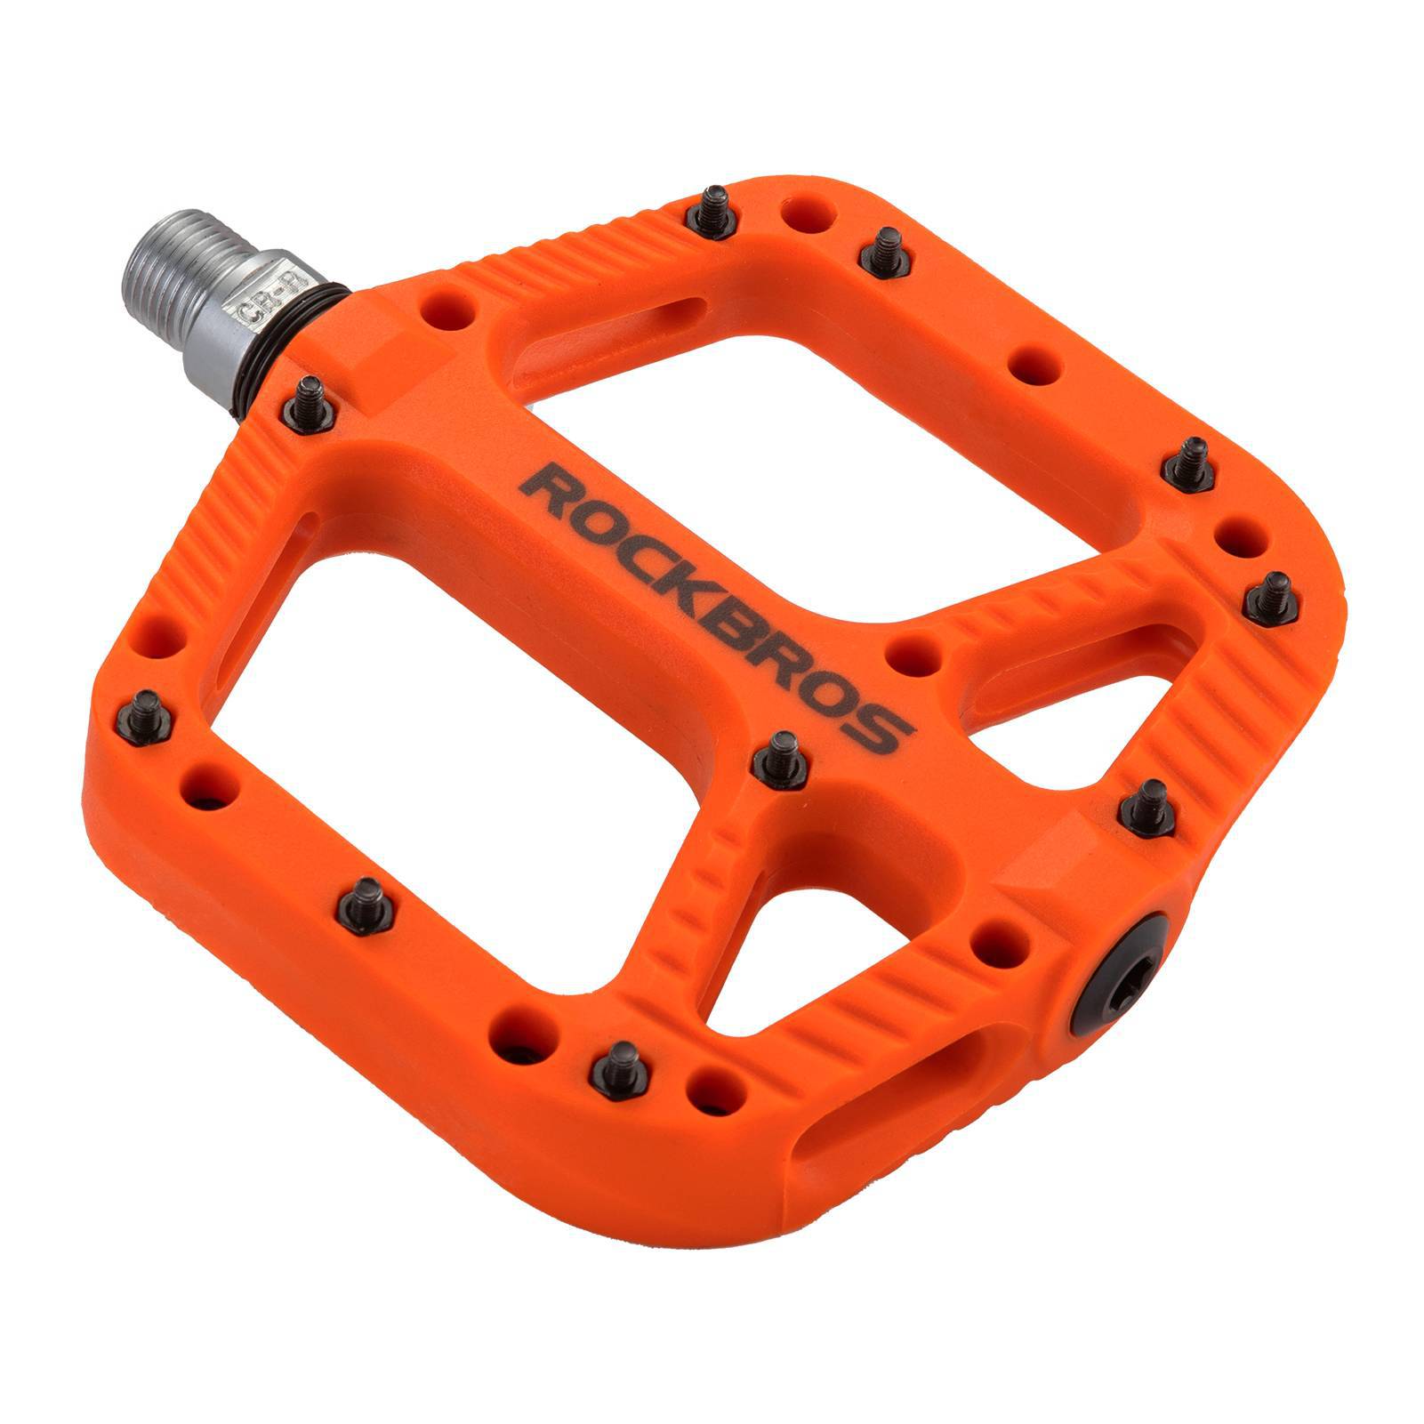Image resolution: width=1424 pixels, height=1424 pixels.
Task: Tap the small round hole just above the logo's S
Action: coord(914,655)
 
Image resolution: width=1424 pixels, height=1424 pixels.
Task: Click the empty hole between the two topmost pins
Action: coord(808,216)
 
